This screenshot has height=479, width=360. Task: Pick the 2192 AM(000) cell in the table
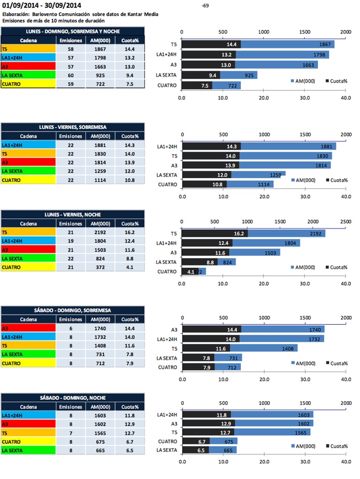point(99,232)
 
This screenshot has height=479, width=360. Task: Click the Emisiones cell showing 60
point(70,75)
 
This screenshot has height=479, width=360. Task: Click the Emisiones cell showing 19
point(70,241)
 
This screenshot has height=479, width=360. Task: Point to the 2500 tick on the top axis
point(345,221)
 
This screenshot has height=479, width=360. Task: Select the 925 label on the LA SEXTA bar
point(248,76)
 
